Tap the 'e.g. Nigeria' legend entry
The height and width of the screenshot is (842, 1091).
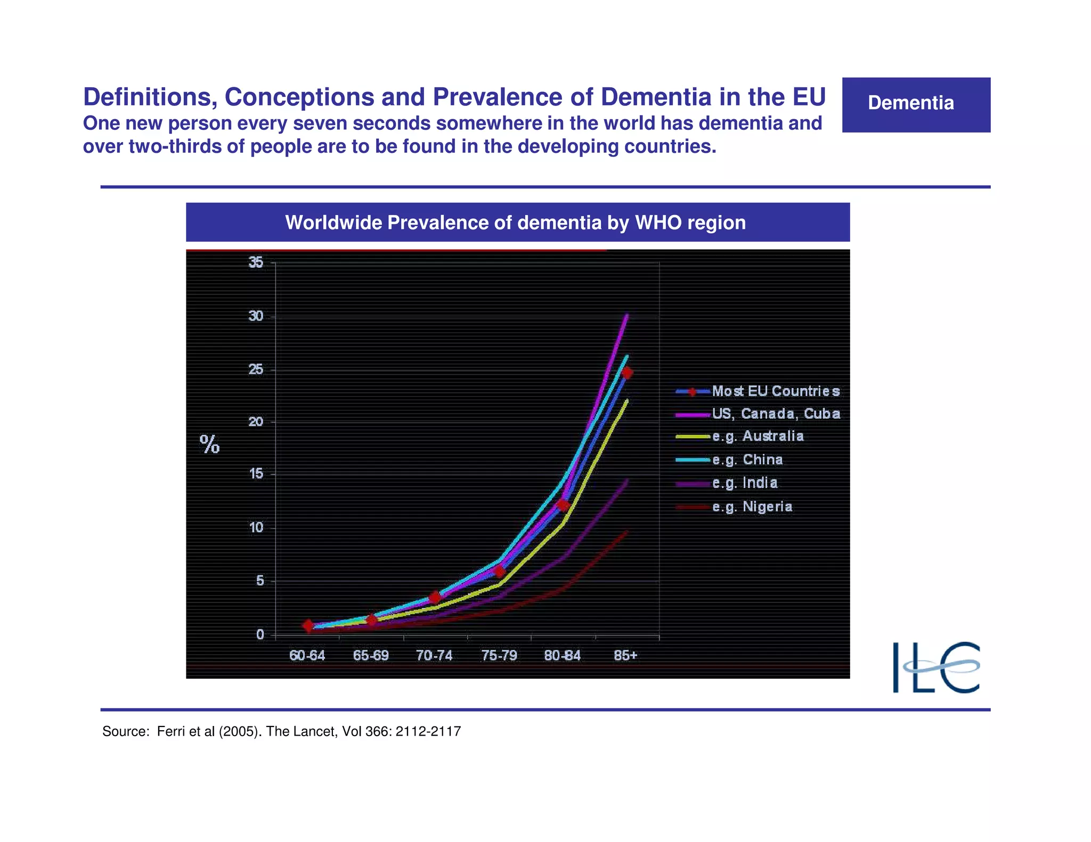[752, 506]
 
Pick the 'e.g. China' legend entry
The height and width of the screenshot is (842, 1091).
[747, 459]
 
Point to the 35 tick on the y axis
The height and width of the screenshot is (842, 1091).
[256, 262]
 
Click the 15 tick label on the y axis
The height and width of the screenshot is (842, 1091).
[256, 474]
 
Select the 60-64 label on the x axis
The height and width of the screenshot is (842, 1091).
[307, 655]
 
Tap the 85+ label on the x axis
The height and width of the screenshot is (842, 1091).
[625, 655]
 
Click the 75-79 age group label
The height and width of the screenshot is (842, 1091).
[499, 655]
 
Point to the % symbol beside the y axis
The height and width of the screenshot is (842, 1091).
[209, 444]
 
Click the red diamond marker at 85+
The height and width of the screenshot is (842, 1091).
[627, 373]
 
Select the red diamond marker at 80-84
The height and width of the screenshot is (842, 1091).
[563, 505]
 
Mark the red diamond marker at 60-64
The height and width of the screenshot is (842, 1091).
[308, 626]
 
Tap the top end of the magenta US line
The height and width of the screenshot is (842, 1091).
[627, 315]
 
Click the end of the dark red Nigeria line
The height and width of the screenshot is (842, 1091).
[627, 531]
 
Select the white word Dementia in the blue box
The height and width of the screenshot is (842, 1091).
[910, 103]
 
